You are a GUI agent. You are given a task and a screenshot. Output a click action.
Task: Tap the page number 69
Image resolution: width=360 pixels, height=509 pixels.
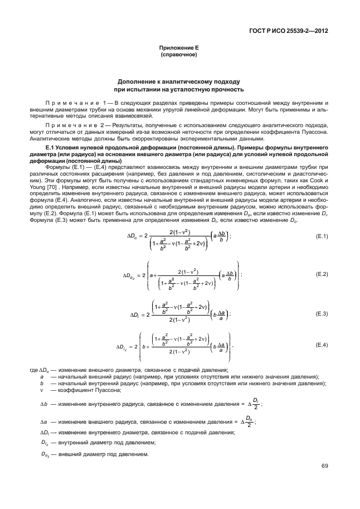[324, 466]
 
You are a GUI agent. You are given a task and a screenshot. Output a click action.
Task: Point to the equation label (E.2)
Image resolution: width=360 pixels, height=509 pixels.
[322, 274]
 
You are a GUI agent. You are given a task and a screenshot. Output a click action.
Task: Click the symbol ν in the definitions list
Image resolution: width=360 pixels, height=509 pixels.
[42, 391]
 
